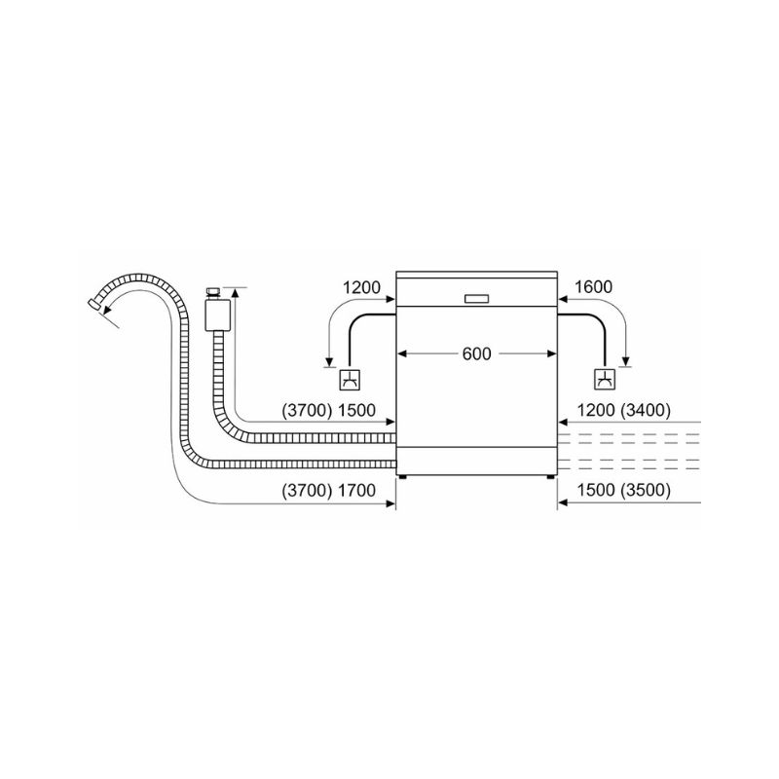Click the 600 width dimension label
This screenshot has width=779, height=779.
pos(476,353)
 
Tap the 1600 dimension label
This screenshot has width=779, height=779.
pos(593,287)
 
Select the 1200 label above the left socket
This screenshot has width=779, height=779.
pos(361,287)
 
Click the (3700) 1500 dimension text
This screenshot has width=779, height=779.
pos(328,410)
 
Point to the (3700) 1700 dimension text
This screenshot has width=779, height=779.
pos(328,491)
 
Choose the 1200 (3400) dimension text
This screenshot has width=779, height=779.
pos(623,410)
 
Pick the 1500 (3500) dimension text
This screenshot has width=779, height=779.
pos(623,490)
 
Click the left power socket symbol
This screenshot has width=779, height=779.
pos(350,380)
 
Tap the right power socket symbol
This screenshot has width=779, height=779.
pos(605,380)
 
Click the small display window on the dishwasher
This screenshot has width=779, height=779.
pos(476,299)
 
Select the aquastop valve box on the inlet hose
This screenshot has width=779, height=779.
pos(217,315)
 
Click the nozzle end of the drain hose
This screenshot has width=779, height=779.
pos(93,304)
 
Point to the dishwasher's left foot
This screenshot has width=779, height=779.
pos(402,477)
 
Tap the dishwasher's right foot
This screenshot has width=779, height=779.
pos(550,477)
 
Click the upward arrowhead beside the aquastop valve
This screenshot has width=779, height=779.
pos(235,292)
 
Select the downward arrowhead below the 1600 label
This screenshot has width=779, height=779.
pos(626,361)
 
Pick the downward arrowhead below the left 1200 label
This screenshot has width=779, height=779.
pos(328,361)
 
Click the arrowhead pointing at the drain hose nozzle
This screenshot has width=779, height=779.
pos(107,310)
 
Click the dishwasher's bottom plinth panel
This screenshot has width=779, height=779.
pos(476,461)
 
